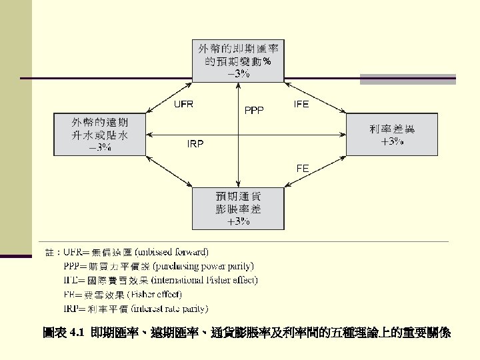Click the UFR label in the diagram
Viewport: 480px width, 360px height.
[x=184, y=105]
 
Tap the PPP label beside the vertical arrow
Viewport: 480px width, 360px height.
[x=254, y=110]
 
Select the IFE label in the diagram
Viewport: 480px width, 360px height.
[x=301, y=104]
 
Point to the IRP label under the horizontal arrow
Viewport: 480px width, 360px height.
[x=195, y=143]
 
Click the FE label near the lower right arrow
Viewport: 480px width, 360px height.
[x=303, y=169]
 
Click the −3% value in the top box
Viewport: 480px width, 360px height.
[x=239, y=74]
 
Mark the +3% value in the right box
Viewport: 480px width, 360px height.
[x=391, y=142]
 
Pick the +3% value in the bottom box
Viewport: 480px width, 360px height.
[x=239, y=221]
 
